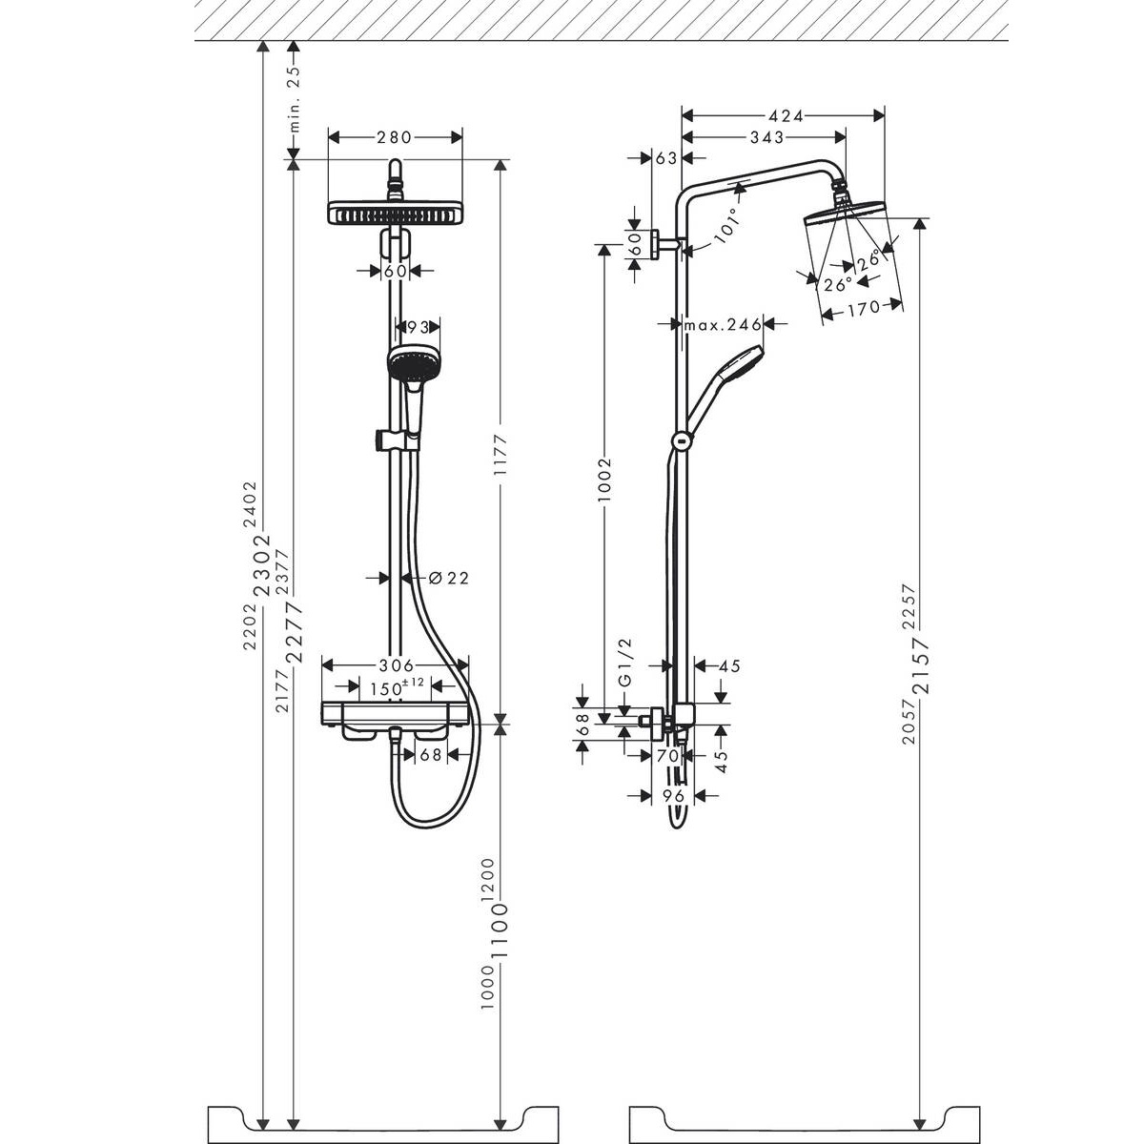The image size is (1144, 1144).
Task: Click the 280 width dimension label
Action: [x=394, y=137]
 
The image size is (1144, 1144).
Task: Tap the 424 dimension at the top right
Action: [x=785, y=115]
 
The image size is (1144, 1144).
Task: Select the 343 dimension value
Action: [x=766, y=137]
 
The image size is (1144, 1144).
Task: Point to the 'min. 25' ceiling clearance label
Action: [x=295, y=99]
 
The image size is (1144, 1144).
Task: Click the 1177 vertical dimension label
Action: [x=501, y=455]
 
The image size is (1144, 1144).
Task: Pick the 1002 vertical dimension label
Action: [x=604, y=480]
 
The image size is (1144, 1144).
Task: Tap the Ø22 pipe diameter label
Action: [x=448, y=578]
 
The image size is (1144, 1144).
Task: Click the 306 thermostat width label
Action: [x=396, y=665]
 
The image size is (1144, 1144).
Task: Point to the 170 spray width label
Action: [x=863, y=308]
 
